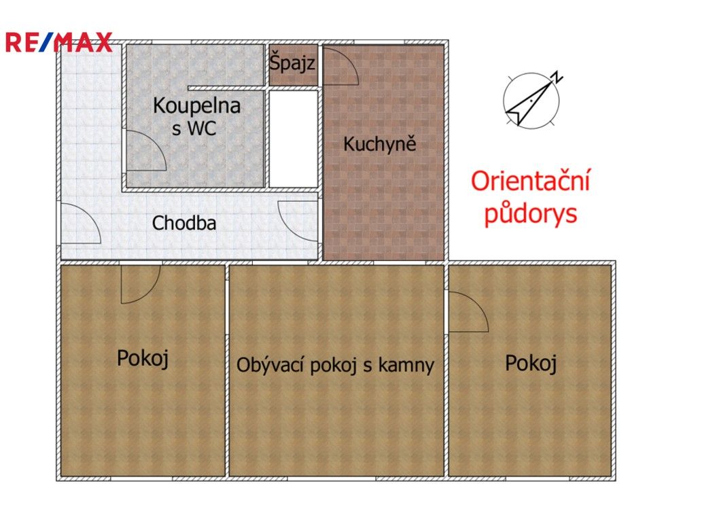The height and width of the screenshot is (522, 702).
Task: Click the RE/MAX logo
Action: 58,42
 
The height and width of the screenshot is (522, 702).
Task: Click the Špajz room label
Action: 292,65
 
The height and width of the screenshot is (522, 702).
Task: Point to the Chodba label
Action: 184,223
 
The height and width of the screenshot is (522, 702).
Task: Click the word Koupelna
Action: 196,106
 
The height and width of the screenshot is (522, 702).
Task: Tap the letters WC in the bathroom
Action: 203,128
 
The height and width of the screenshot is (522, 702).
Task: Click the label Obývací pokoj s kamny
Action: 335,365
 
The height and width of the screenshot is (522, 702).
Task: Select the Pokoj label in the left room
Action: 142,358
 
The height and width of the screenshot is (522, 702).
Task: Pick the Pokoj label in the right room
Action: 531,364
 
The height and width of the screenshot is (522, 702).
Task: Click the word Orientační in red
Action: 531,182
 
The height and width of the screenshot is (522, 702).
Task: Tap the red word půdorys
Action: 530,213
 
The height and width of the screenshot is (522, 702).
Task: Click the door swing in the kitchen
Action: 340,67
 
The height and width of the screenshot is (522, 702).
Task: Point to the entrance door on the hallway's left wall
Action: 80,224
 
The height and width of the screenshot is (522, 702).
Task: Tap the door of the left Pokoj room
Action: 140,283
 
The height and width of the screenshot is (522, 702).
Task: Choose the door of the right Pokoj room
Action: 467,311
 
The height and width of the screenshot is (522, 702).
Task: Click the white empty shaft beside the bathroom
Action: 293,138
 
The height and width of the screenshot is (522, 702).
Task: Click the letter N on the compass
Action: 556,77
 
